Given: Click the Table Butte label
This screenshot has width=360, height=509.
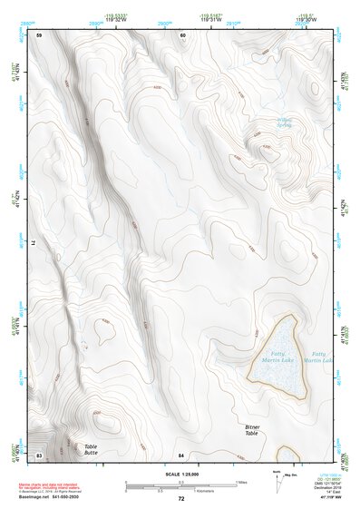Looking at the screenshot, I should pos(91,449).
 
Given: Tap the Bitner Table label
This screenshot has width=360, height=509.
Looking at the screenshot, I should pos(258,430).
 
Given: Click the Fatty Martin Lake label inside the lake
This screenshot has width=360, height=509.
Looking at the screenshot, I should pos(277,357).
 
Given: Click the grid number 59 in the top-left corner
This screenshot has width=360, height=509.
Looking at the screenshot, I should pos(39,34).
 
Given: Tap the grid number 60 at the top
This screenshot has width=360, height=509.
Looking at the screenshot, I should pos(182,34).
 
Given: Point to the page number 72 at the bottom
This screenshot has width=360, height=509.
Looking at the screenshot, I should pos(180,499).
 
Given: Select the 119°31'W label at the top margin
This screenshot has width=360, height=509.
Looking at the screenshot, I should pos(209,19).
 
